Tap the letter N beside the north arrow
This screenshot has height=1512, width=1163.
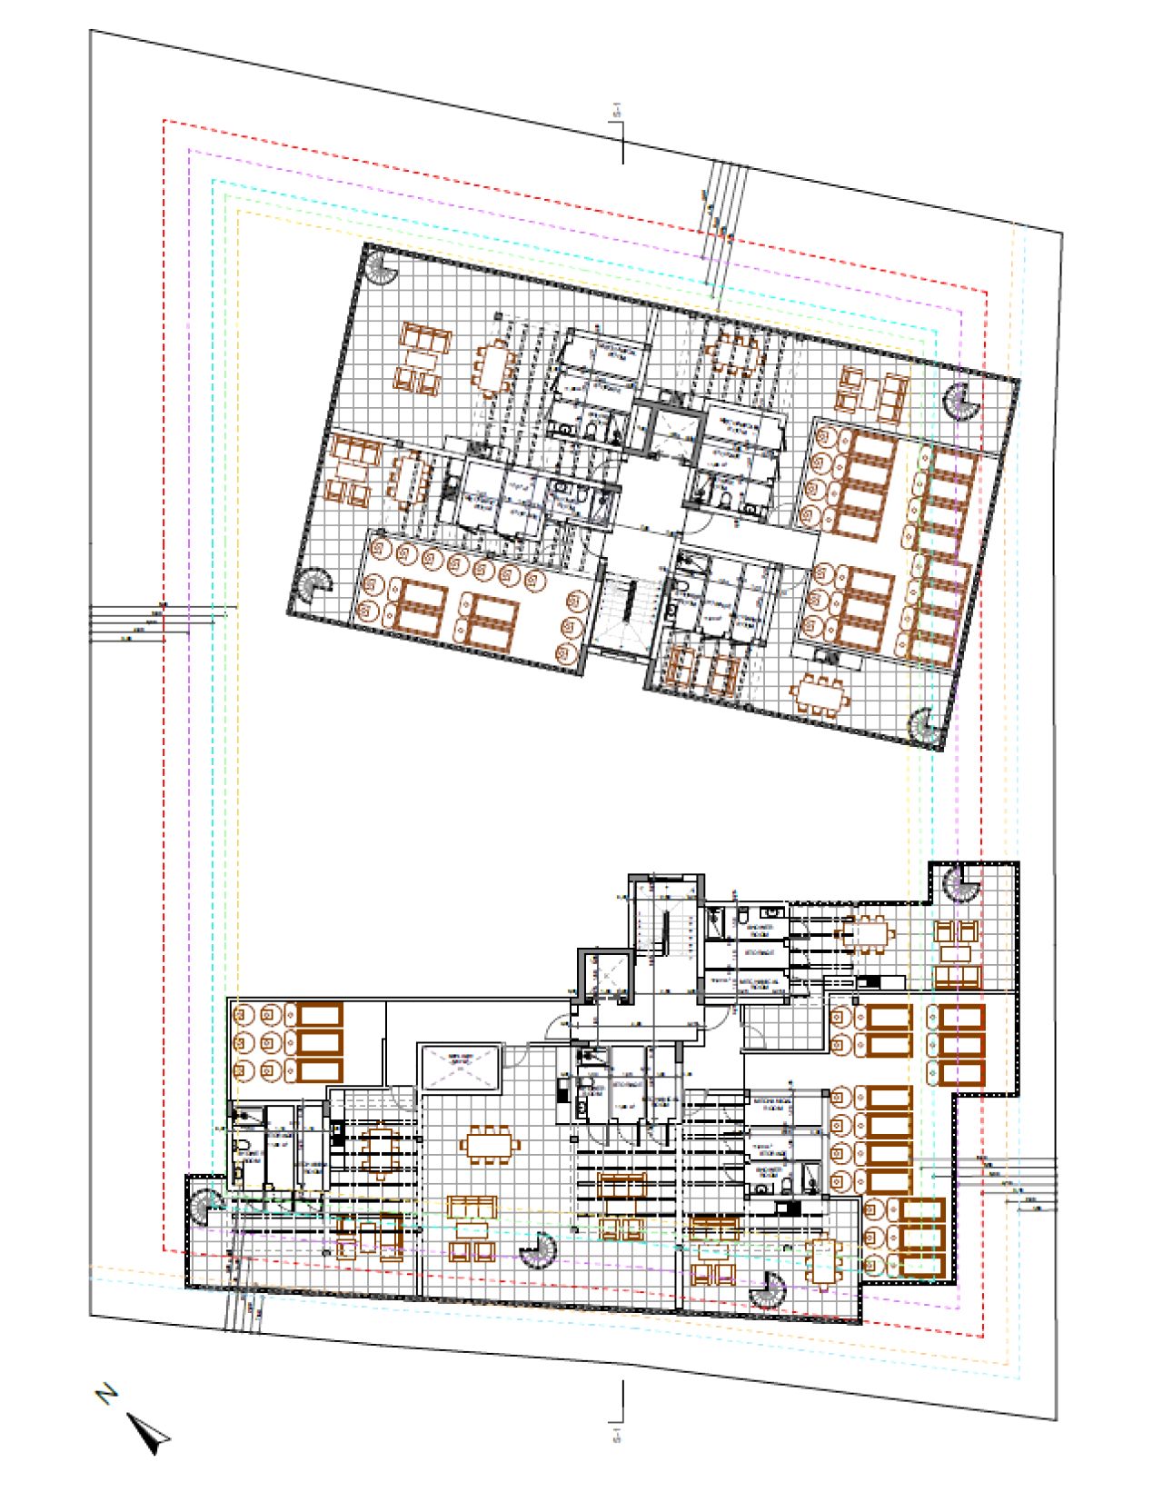107,1393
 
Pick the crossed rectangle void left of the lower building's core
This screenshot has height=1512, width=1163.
462,1067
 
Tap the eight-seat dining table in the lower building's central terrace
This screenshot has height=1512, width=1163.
491,1144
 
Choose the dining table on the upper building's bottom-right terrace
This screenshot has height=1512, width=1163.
821,696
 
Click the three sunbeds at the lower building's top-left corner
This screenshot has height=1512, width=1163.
313,1042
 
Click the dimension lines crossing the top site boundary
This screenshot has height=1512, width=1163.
723,227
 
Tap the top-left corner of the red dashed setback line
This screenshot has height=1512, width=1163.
164,120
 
